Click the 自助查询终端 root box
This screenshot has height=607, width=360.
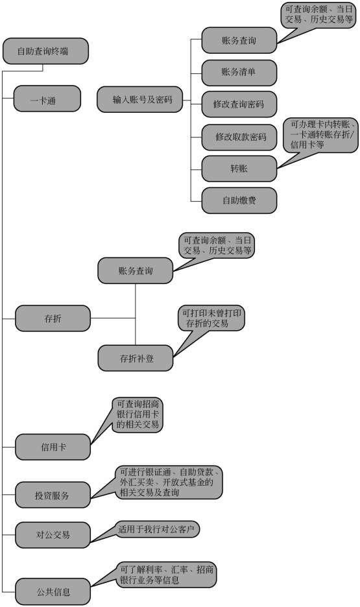click(45, 51)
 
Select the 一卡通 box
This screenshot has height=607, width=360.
click(47, 99)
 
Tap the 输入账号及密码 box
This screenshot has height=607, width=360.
click(139, 99)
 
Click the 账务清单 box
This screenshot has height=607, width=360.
click(239, 73)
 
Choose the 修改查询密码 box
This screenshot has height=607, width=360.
click(239, 104)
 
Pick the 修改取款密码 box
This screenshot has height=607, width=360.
click(239, 137)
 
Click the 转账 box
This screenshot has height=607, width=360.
click(239, 169)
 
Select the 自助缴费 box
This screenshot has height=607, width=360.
click(239, 200)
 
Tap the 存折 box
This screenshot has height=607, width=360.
click(53, 318)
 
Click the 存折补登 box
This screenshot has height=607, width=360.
click(136, 358)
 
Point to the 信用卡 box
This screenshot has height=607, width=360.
click(53, 447)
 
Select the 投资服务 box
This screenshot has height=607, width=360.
click(53, 495)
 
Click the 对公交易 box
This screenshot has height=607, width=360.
click(53, 535)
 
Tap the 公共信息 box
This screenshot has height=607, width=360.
click(53, 591)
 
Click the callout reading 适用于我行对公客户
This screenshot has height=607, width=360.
click(158, 529)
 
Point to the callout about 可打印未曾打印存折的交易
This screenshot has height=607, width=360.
click(211, 318)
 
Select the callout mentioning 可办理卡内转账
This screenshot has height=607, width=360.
click(324, 135)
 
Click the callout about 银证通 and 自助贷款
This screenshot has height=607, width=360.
click(169, 482)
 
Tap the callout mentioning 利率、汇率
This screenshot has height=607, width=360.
click(167, 575)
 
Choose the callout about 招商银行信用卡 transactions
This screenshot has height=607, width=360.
click(138, 414)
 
